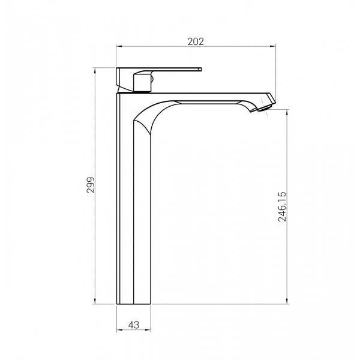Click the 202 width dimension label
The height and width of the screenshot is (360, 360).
[x=196, y=41]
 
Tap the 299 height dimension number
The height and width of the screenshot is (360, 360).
[x=91, y=185]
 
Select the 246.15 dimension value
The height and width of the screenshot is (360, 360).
[x=282, y=206]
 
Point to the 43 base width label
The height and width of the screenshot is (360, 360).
[x=134, y=325]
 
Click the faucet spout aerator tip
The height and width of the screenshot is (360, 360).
[x=265, y=108]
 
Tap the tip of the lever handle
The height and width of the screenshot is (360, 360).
[x=200, y=68]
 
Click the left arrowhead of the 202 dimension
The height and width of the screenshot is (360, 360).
[x=118, y=46]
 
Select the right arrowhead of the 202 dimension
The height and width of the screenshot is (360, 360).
[x=273, y=46]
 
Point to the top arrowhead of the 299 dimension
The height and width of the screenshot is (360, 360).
[x=95, y=70]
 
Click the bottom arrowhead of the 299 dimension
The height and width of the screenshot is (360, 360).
[x=95, y=302]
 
